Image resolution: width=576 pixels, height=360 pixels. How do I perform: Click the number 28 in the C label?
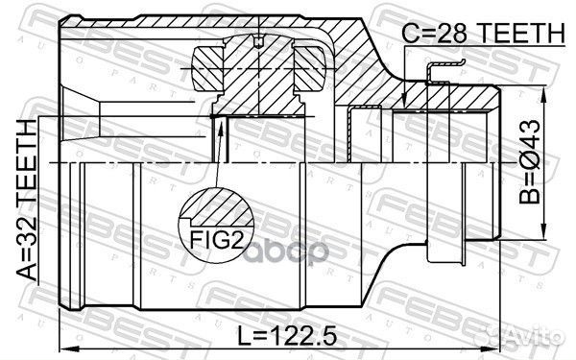[x=453, y=35]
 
